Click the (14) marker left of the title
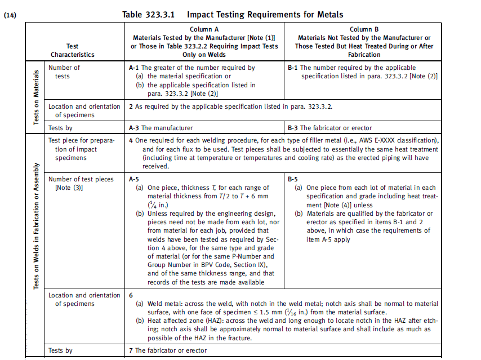click(x=10, y=15)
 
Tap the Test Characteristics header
click(x=72, y=50)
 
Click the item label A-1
click(x=134, y=68)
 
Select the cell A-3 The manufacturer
click(x=161, y=128)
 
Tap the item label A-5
click(x=134, y=179)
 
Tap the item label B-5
click(x=293, y=179)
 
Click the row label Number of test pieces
click(x=81, y=179)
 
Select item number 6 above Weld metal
click(x=131, y=295)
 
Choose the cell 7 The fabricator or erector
click(x=168, y=350)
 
